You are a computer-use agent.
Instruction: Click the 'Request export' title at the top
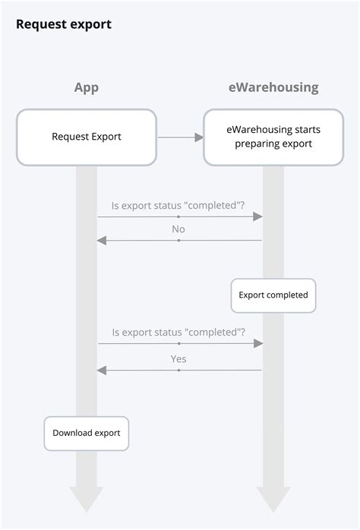point(64,24)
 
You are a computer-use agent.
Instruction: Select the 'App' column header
point(86,87)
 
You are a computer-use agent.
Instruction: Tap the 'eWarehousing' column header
point(273,87)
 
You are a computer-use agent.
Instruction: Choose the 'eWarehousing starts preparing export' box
point(273,137)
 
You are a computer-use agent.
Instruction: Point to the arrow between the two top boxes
point(180,137)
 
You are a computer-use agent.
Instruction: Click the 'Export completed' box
point(273,295)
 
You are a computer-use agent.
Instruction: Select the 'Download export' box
point(86,433)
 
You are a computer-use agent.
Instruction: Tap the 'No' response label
point(178,229)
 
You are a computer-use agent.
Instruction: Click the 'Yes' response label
point(178,358)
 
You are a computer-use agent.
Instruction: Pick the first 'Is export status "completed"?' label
point(178,204)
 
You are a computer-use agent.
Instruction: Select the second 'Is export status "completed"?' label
point(178,332)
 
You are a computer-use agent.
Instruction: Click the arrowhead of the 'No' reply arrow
point(101,241)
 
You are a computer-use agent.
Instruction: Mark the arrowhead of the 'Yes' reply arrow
point(101,371)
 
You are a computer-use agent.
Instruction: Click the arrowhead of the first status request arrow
point(258,216)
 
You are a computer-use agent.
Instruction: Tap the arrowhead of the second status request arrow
point(258,344)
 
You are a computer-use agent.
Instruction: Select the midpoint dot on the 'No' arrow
point(178,241)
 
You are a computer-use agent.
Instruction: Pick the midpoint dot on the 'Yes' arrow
point(178,371)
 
